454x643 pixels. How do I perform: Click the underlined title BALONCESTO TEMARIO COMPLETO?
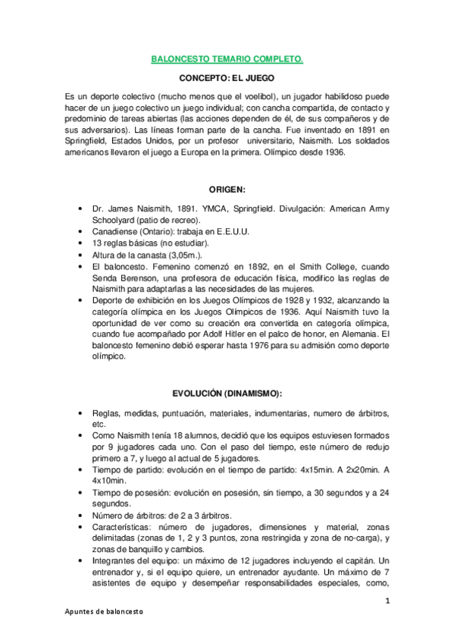[227, 58]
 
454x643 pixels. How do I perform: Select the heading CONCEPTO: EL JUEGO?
[227, 77]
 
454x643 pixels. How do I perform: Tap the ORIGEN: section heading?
[227, 188]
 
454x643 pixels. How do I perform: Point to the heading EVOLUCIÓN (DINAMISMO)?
[227, 393]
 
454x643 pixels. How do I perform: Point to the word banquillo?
[137, 550]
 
